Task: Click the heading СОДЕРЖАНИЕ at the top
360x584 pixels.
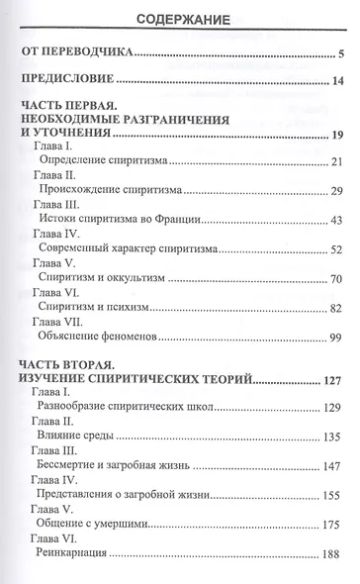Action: pyautogui.click(x=179, y=17)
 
